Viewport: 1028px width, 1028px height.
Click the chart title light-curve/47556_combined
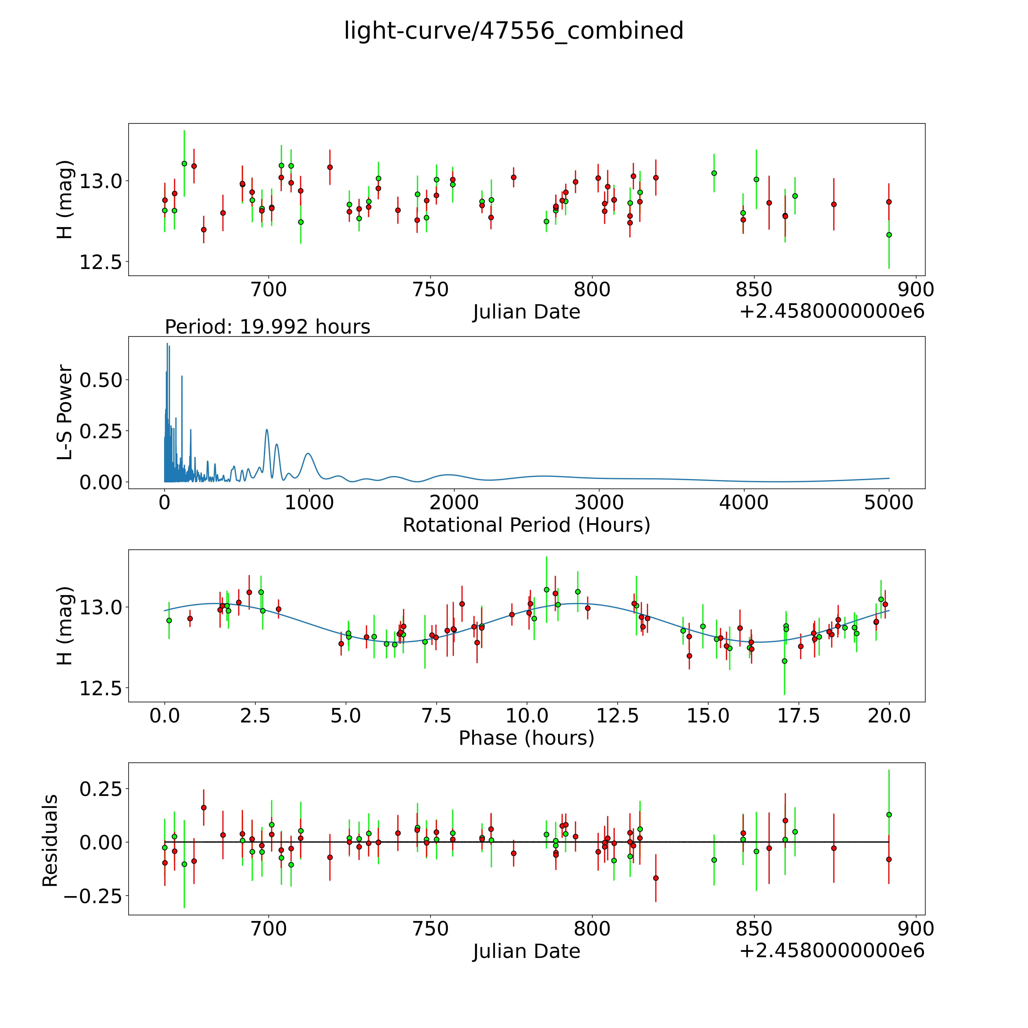click(x=513, y=31)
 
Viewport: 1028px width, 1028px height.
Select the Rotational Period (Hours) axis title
click(x=526, y=525)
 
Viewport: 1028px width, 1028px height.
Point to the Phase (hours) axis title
click(x=526, y=738)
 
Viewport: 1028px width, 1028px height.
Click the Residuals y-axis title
click(x=50, y=841)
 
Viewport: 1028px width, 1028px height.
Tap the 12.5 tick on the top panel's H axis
click(x=101, y=262)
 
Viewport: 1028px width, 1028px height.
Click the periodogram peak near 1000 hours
click(x=309, y=453)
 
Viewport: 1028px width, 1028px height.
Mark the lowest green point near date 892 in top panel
click(x=889, y=235)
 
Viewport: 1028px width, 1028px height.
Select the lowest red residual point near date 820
click(x=655, y=878)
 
